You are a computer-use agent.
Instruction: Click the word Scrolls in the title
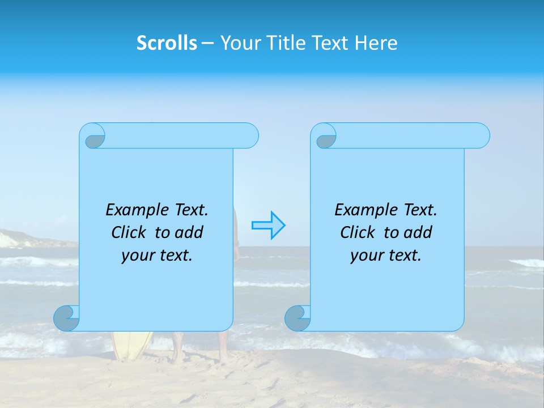click(x=167, y=43)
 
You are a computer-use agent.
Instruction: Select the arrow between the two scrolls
click(x=268, y=226)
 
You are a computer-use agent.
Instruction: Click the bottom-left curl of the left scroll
click(x=67, y=318)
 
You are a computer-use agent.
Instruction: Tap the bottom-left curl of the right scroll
click(x=297, y=318)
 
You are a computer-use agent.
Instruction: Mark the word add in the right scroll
click(x=418, y=232)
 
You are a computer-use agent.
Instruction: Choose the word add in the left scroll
click(x=189, y=232)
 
